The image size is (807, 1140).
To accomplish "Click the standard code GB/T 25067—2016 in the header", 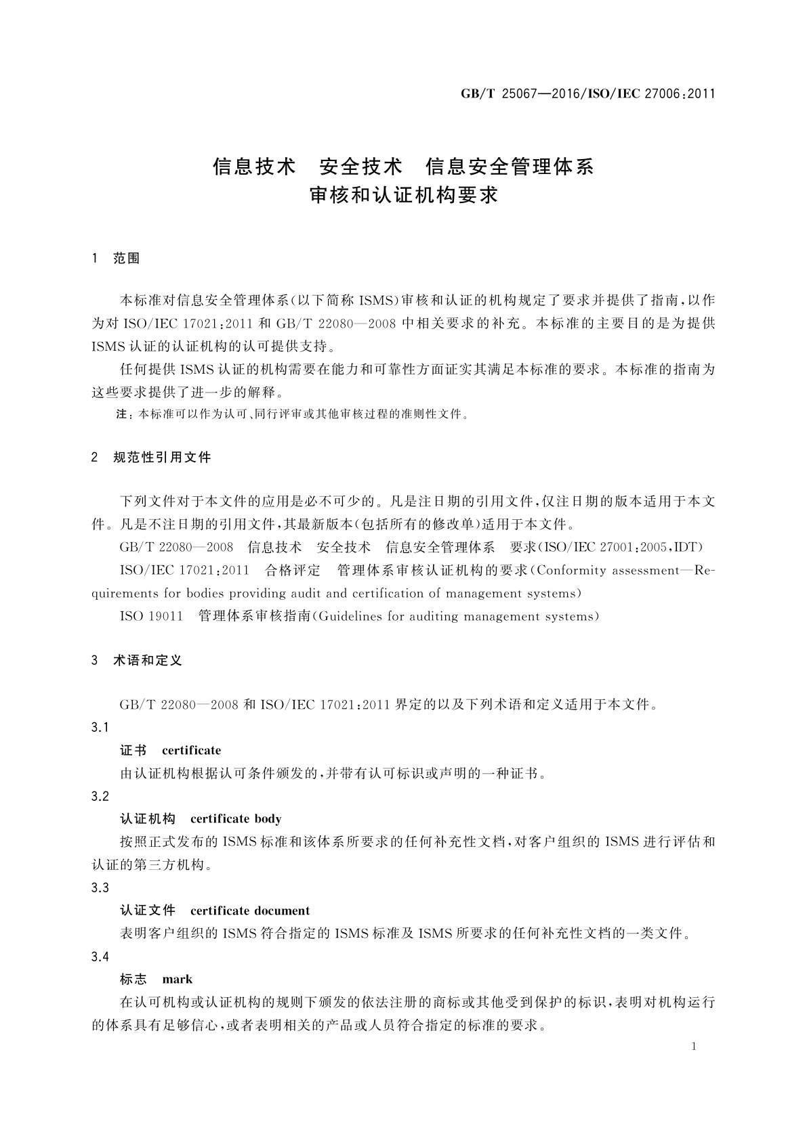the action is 516,93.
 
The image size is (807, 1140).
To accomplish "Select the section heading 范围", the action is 127,259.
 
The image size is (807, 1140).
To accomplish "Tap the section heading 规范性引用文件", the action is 162,458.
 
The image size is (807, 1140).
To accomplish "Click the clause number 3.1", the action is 100,727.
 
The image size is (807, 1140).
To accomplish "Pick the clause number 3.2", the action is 100,796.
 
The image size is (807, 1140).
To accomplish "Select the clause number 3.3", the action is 100,887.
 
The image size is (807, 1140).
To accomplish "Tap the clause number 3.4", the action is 100,957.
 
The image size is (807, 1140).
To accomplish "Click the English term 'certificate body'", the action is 236,819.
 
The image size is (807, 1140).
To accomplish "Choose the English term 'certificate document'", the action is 250,911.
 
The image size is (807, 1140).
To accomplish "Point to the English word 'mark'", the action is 178,980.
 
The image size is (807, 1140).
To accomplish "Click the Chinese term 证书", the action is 133,750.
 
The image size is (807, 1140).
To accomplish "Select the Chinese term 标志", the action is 133,980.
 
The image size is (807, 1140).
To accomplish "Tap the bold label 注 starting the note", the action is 122,415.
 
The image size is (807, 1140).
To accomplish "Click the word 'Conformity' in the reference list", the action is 569,571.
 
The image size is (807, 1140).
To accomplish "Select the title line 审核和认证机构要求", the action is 403,196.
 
